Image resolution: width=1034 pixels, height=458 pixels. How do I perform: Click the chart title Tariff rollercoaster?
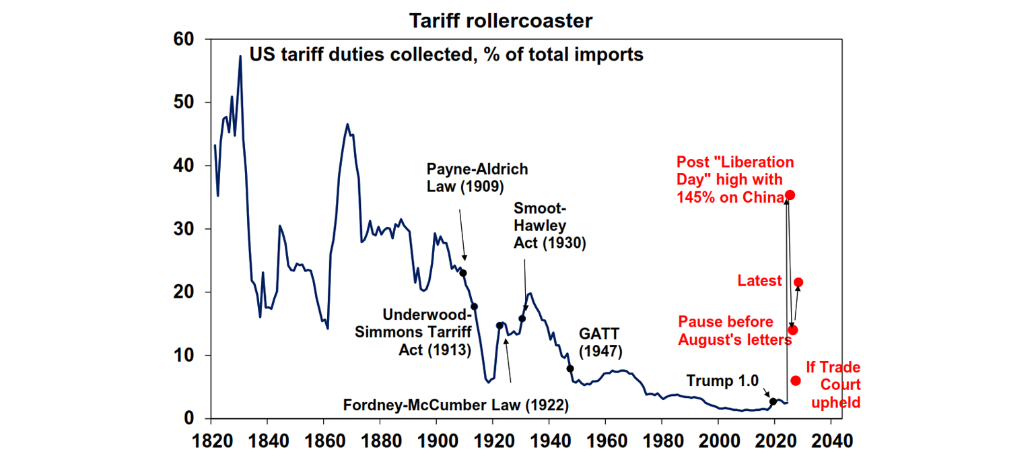click(x=502, y=21)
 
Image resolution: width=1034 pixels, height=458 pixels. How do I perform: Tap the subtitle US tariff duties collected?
click(x=446, y=55)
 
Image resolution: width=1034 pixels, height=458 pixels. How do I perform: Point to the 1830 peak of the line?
click(x=240, y=57)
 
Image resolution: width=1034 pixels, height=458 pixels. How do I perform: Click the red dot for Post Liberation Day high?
click(x=790, y=195)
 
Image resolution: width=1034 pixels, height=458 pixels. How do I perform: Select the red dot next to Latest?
click(x=798, y=282)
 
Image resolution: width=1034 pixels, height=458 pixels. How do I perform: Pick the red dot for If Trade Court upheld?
click(x=796, y=381)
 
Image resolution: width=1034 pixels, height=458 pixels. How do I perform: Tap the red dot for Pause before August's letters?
click(x=793, y=329)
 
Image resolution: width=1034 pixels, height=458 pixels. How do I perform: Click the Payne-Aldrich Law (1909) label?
click(x=477, y=177)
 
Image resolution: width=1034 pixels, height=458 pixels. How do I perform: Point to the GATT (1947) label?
click(x=600, y=342)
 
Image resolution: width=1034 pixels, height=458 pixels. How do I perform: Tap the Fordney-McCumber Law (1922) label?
click(x=456, y=405)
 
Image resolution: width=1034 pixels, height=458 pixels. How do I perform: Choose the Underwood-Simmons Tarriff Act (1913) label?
click(x=425, y=332)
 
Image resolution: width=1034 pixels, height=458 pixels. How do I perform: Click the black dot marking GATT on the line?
click(x=570, y=368)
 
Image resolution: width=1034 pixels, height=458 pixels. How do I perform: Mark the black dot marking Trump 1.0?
click(x=773, y=401)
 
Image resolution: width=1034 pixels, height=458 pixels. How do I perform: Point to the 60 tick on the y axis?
click(x=184, y=40)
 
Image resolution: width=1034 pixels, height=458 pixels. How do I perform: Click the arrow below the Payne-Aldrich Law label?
click(x=462, y=232)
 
